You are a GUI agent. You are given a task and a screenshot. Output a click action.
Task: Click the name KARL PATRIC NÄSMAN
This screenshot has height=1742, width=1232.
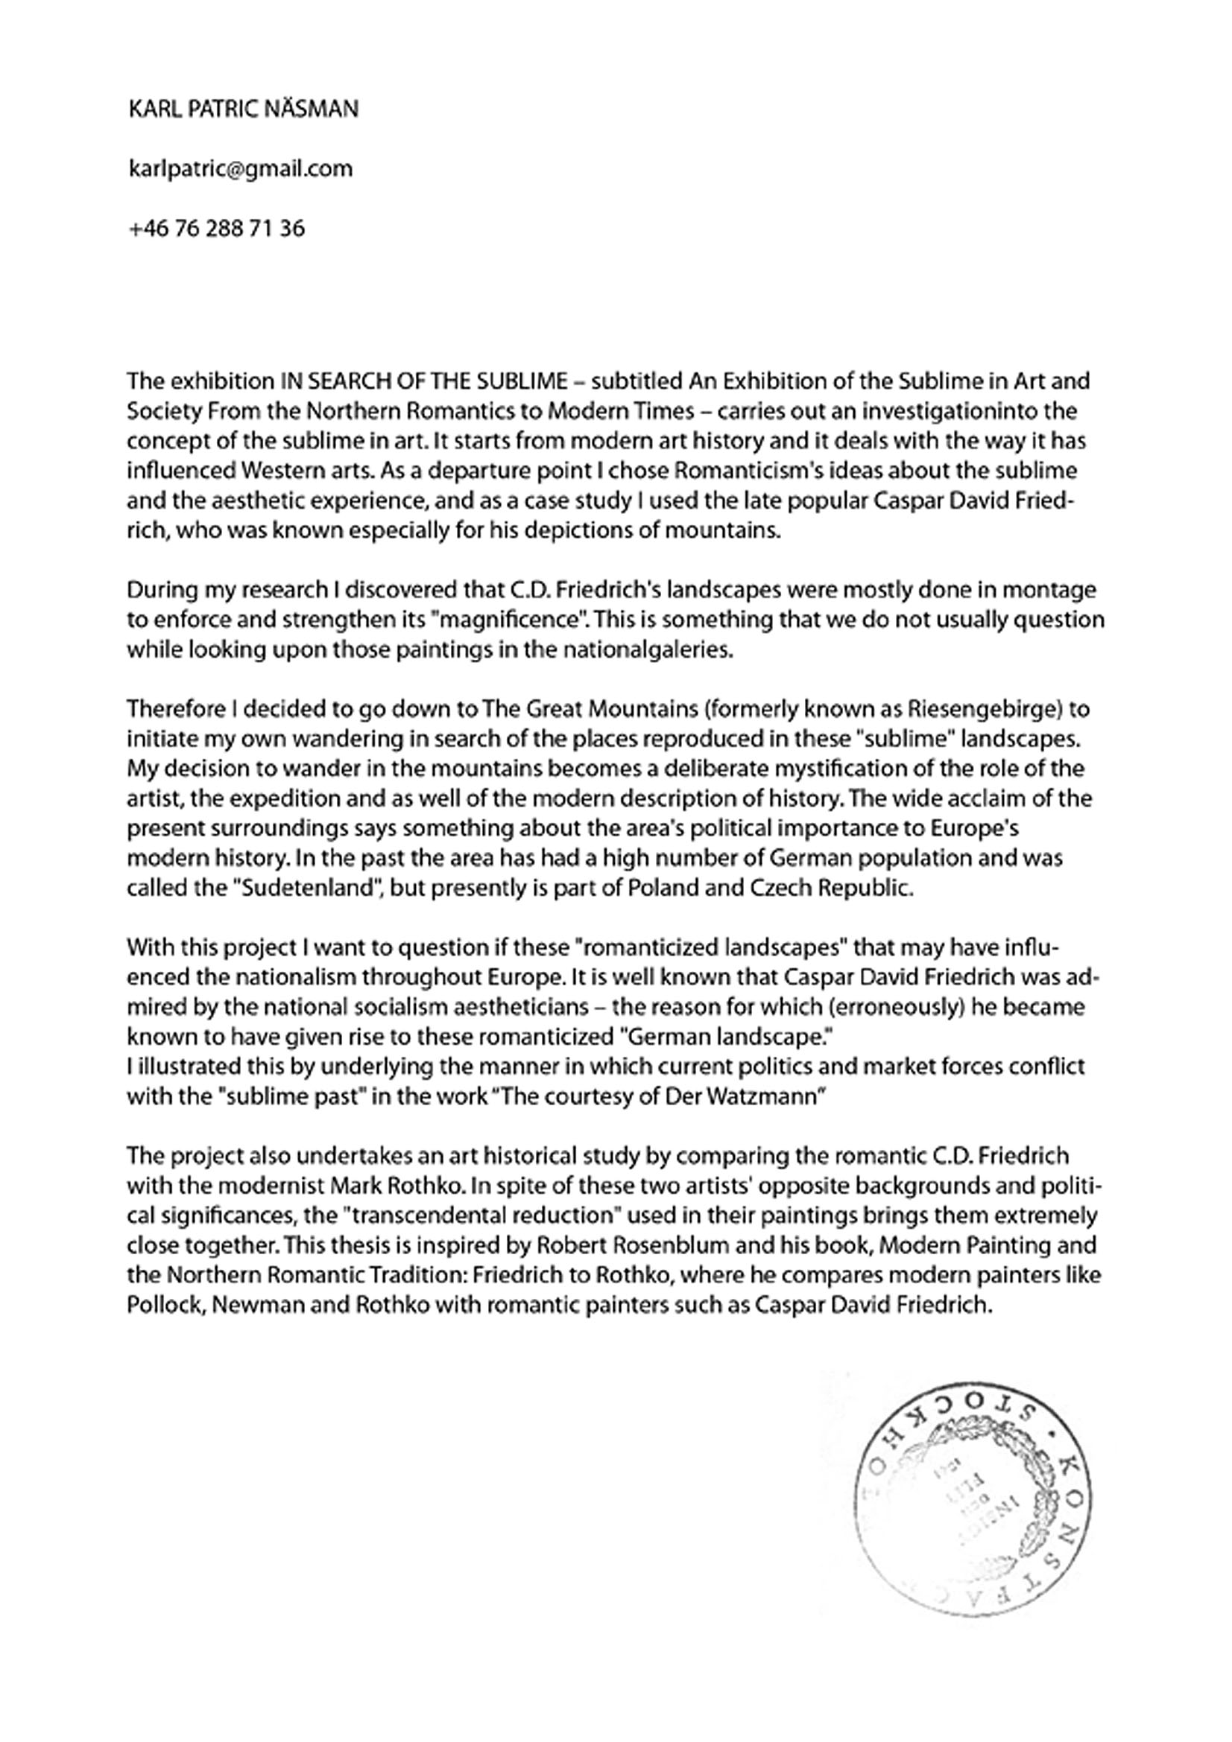point(244,109)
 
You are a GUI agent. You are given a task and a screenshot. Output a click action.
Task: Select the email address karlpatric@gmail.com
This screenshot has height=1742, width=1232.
point(241,168)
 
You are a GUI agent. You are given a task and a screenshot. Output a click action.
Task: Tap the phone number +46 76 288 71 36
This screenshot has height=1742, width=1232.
point(217,228)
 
